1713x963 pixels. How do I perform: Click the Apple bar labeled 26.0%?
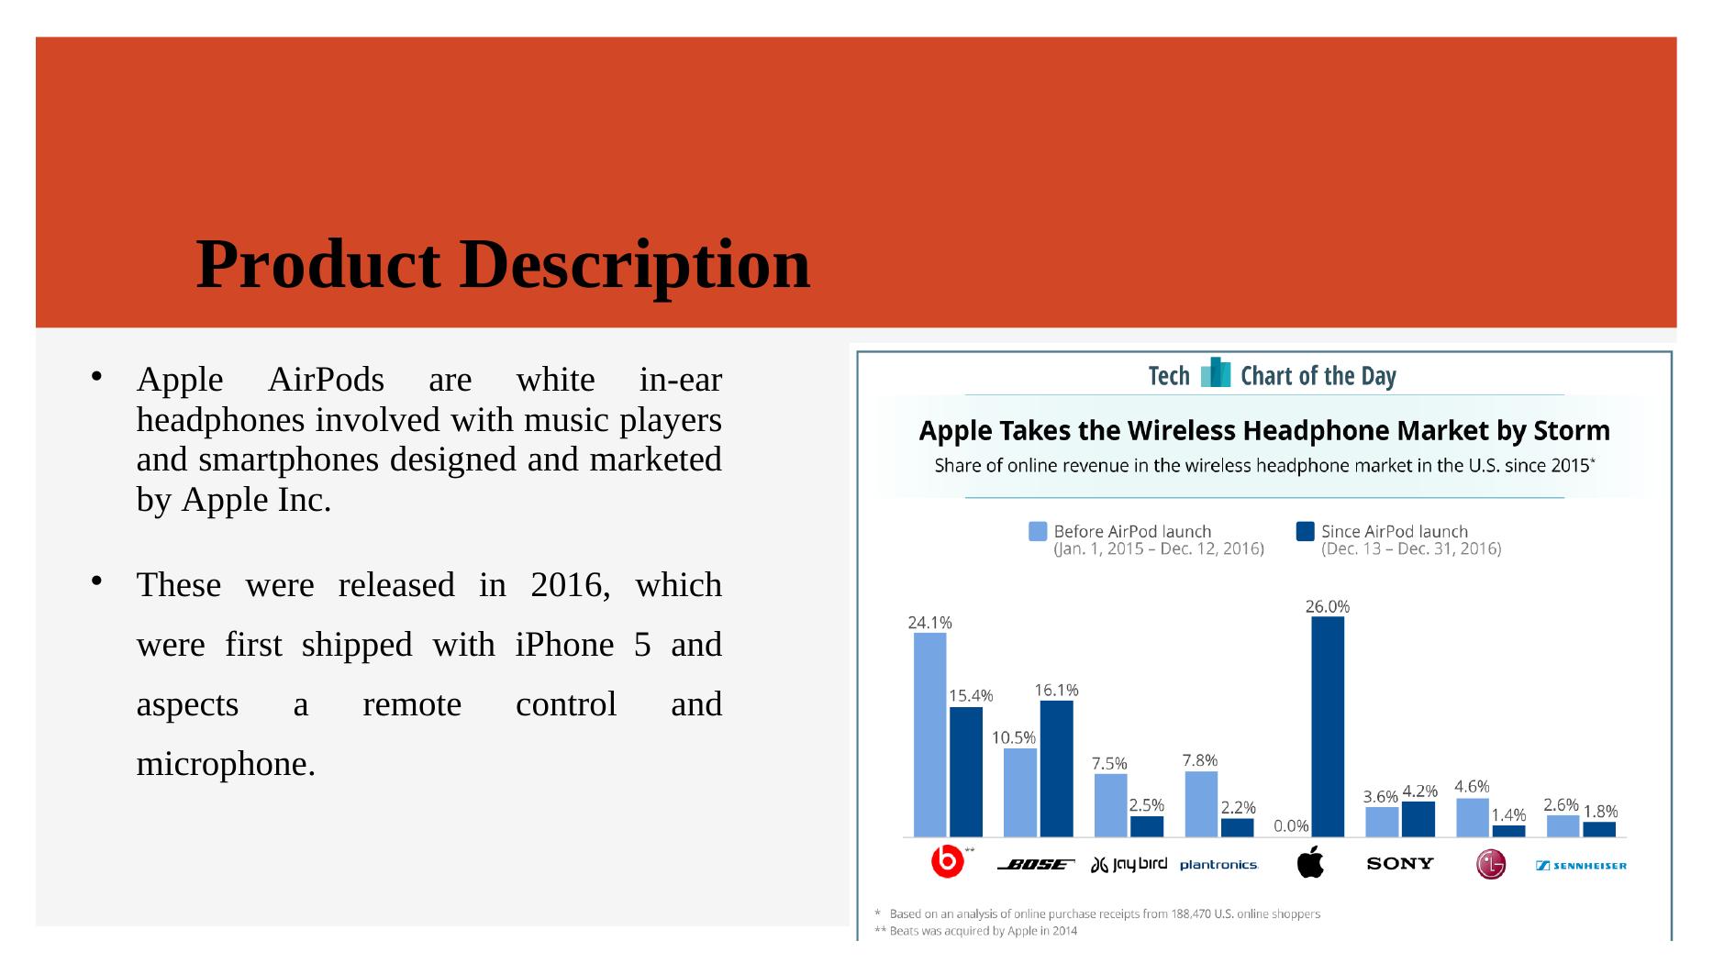click(1328, 726)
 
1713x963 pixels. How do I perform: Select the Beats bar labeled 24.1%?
click(929, 735)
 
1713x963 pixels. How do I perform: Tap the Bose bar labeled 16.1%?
click(1056, 769)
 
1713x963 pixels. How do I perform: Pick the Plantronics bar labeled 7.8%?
click(1201, 804)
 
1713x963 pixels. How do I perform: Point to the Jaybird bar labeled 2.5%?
click(1147, 826)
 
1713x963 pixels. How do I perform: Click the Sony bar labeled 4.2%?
click(1418, 819)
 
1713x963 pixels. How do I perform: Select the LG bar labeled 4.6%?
click(1473, 818)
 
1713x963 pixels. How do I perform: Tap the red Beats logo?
click(947, 862)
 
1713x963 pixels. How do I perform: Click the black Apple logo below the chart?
click(1310, 862)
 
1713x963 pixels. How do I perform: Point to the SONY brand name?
click(1400, 863)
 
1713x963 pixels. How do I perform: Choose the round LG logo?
click(1491, 864)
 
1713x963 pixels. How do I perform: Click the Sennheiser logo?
click(1581, 865)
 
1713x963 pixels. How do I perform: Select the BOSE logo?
click(1036, 864)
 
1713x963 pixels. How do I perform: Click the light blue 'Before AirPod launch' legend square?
click(1038, 531)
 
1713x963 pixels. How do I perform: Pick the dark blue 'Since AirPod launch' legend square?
click(1305, 531)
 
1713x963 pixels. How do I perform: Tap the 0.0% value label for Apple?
click(1291, 825)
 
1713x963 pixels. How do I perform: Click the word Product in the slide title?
click(318, 265)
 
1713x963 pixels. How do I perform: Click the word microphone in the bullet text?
click(226, 764)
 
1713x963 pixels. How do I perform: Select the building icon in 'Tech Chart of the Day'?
click(1215, 372)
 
